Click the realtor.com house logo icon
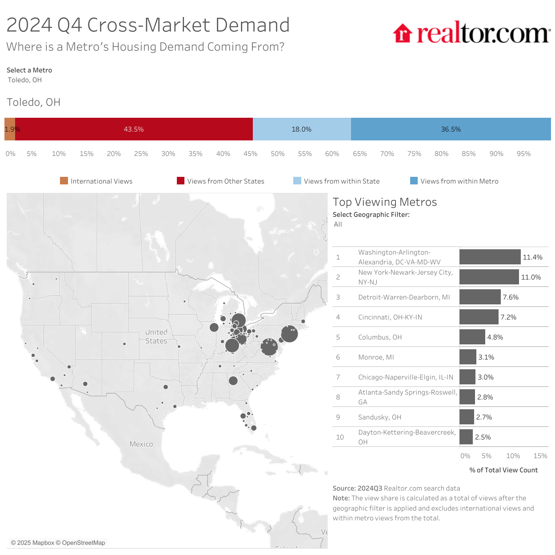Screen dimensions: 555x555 pos(403,33)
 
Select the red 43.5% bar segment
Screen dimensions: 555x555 pos(134,129)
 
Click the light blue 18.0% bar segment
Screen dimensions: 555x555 pos(301,129)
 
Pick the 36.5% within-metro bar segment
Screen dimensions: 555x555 pos(451,129)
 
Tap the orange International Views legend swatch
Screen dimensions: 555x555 pos(64,181)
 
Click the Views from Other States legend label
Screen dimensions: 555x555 pos(226,181)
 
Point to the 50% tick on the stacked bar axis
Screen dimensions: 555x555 pos(278,154)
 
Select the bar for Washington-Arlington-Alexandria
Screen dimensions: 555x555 pos(490,257)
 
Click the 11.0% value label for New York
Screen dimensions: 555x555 pos(531,277)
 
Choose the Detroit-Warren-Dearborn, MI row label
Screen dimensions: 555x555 pos(404,297)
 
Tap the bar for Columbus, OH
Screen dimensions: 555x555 pos(472,337)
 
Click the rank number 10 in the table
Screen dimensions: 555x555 pos(340,437)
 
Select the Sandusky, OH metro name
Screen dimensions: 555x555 pos(379,417)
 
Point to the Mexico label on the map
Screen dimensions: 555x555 pos(141,444)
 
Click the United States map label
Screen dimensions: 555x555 pos(156,336)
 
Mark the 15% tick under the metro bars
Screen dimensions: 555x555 pos(540,456)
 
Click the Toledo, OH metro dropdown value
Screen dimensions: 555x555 pos(25,80)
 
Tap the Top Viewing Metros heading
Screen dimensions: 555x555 pos(385,202)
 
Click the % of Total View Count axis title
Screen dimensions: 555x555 pos(503,470)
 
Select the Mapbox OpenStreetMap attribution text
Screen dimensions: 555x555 pos(58,543)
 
